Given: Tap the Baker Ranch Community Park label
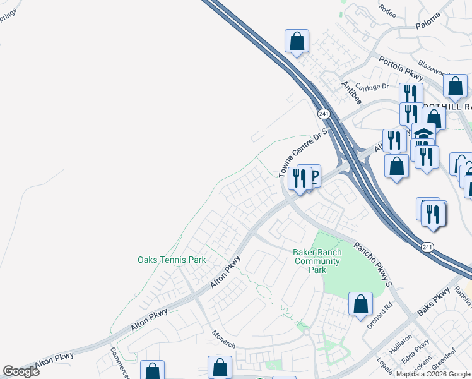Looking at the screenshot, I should (x=317, y=261).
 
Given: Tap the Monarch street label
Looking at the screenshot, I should (x=223, y=339).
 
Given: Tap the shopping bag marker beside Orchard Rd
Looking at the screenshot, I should (x=360, y=304).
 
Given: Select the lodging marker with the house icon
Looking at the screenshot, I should (x=423, y=135).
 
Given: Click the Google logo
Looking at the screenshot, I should (x=21, y=371).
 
